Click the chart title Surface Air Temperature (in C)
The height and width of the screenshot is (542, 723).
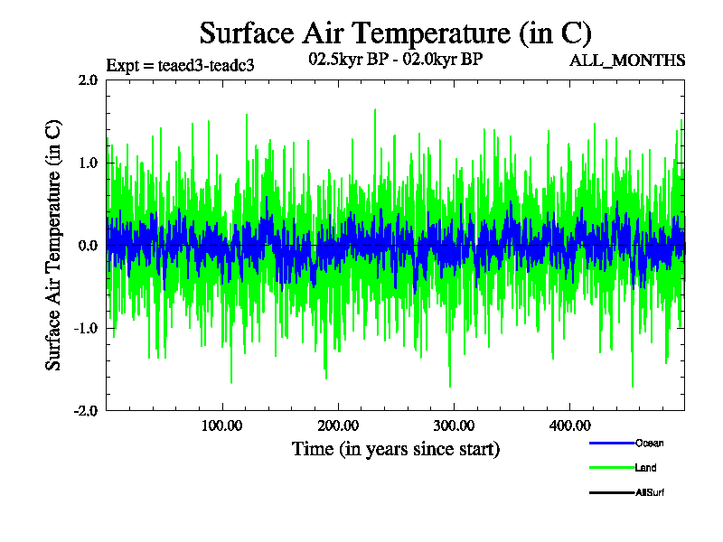[x=395, y=33]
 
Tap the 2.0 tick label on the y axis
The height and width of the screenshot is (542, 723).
[x=88, y=79]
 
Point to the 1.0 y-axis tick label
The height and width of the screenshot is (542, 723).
[x=88, y=163]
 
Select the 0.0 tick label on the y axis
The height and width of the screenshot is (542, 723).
[x=88, y=245]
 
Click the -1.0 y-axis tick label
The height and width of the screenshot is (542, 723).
[x=86, y=328]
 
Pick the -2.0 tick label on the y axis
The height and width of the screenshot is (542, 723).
[x=86, y=410]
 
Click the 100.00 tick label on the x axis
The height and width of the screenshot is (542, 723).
[x=221, y=425]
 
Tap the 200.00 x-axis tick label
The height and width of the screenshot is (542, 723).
[x=337, y=425]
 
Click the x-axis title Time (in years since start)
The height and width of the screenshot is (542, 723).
[x=395, y=448]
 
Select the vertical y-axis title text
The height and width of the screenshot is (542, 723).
[x=54, y=245]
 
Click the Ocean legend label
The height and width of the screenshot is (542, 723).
[x=649, y=444]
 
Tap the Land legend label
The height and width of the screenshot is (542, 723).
[x=645, y=468]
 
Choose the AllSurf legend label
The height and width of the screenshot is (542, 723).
[x=650, y=492]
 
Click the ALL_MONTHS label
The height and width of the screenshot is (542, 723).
[x=626, y=61]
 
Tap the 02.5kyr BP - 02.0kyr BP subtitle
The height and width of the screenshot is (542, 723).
[x=395, y=59]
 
